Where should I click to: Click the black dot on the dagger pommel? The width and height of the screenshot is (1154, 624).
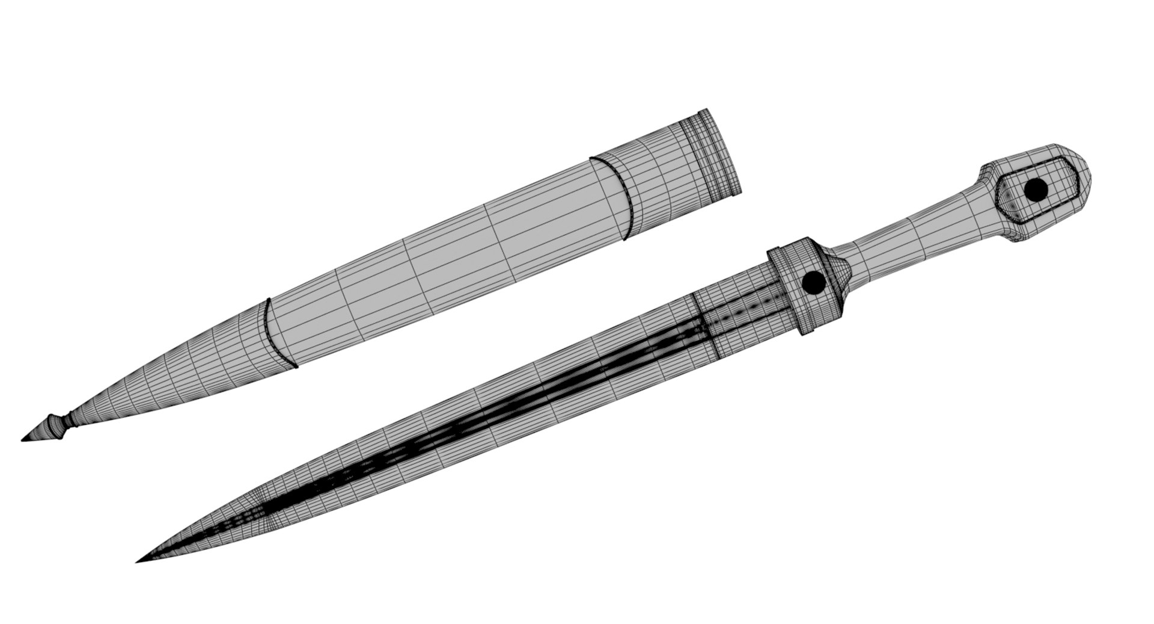1036,189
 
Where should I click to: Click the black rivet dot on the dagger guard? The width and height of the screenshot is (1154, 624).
813,282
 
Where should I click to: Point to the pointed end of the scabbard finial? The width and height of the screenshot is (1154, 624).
23,440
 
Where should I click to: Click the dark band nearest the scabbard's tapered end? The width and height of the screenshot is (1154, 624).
278,333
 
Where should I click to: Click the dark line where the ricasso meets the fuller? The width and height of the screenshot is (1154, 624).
704,326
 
